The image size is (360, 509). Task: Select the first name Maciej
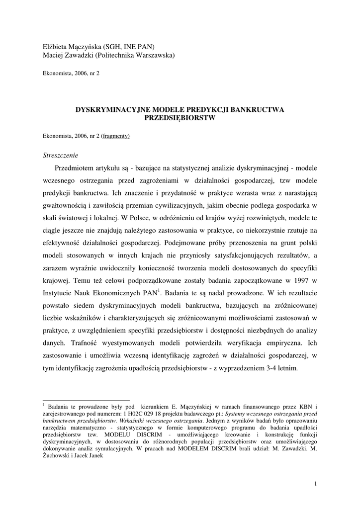53,56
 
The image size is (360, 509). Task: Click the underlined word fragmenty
116,136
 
